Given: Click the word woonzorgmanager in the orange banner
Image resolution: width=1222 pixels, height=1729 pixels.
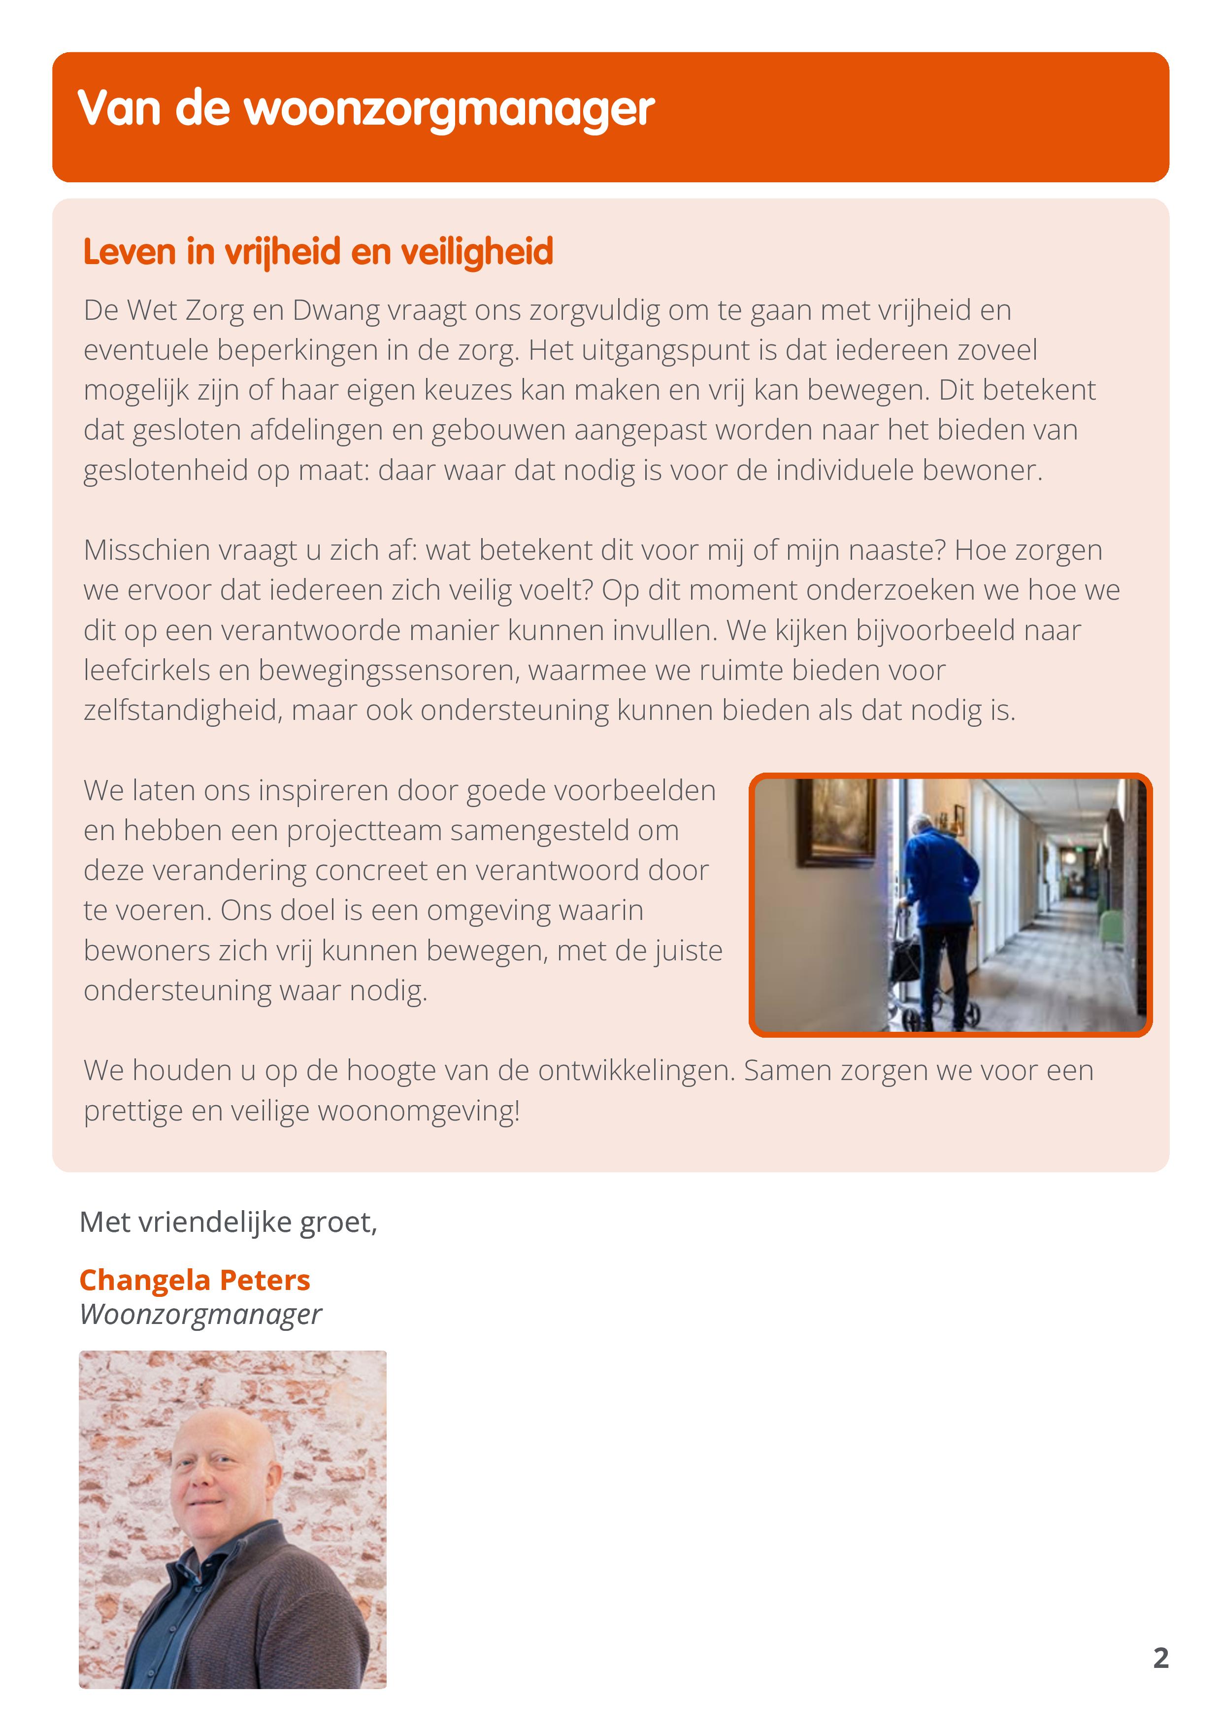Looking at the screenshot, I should (450, 110).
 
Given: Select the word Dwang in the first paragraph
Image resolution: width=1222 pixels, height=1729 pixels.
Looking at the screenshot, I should (336, 310).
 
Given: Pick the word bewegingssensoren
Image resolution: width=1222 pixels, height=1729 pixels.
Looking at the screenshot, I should (389, 670).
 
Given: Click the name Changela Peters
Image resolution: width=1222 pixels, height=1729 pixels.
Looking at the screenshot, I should (195, 1280).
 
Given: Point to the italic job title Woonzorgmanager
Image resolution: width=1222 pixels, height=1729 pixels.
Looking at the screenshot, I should (201, 1314).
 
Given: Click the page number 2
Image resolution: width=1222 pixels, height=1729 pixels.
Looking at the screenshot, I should (1160, 1658).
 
